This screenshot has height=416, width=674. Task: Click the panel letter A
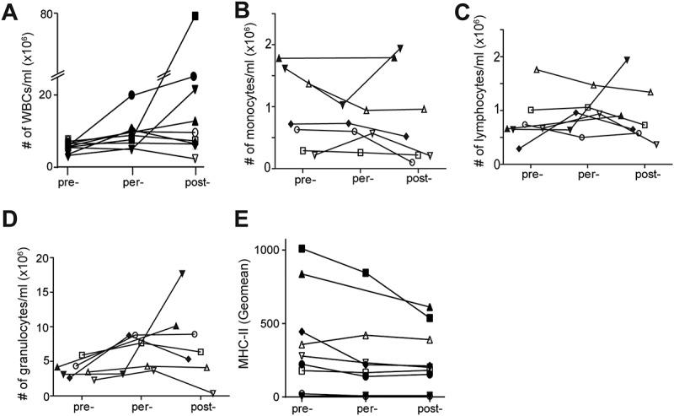click(x=10, y=10)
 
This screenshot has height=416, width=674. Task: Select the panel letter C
click(x=484, y=10)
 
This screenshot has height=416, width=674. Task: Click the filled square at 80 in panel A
click(x=195, y=16)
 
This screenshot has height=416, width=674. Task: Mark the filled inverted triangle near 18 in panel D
click(x=182, y=273)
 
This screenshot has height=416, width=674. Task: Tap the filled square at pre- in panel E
click(x=302, y=248)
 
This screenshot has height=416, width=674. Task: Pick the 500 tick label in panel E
click(x=271, y=323)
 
